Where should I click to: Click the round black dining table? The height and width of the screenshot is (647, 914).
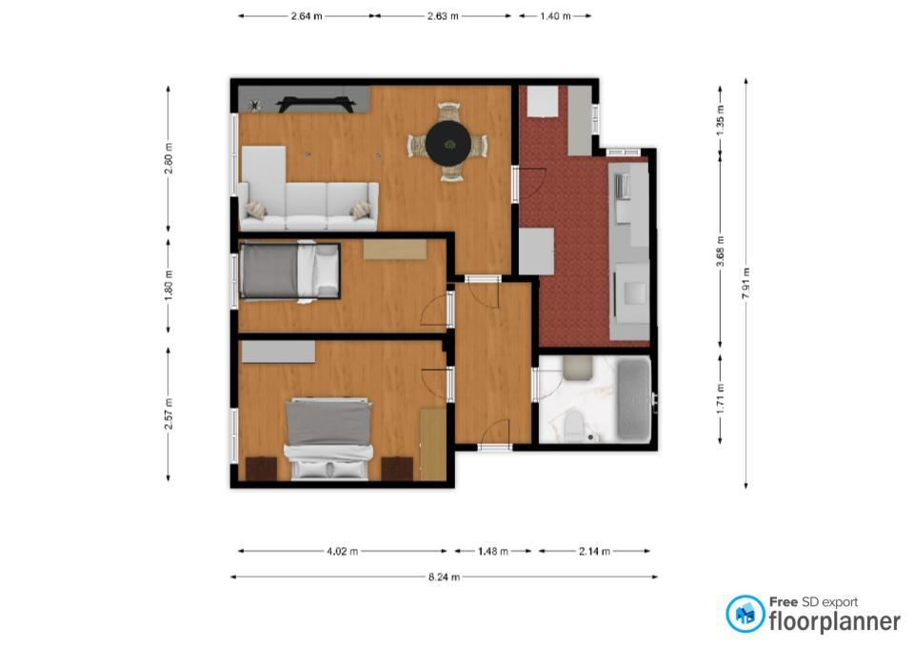[447, 142]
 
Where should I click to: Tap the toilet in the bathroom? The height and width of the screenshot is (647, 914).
[573, 424]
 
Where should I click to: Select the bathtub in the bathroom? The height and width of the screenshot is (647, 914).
[634, 399]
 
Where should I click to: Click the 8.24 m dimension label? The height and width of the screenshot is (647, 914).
[445, 577]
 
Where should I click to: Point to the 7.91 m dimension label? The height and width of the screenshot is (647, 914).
[746, 284]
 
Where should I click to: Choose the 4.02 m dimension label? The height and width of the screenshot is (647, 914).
[342, 551]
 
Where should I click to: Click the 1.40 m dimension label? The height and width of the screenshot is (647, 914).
[555, 16]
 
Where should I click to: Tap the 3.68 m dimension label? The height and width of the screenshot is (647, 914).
[721, 251]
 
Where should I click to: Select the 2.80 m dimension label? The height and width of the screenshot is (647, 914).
[169, 158]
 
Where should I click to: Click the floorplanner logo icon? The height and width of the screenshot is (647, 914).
[745, 614]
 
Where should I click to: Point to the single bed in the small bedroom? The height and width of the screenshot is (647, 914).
[289, 272]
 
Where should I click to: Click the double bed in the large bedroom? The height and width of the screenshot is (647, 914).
[328, 438]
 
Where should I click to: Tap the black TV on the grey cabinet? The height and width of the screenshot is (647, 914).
[315, 104]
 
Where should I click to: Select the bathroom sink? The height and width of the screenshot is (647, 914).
[578, 368]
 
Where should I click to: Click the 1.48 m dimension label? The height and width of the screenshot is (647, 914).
[492, 551]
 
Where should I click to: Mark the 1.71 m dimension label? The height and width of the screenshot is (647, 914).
[721, 399]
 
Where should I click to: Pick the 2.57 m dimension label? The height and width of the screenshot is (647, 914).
[169, 414]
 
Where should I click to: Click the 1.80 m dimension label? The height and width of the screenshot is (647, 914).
[169, 287]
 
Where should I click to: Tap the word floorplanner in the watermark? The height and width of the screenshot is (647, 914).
[835, 621]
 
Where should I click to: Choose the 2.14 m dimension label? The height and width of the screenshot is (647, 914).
[594, 551]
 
